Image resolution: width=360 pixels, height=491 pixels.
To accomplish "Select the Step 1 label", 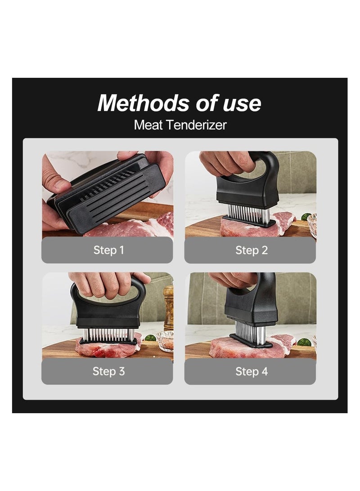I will (108, 250).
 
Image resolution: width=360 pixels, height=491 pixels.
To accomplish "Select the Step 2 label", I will (251, 250).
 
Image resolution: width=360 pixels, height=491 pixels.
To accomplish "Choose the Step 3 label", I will (108, 371).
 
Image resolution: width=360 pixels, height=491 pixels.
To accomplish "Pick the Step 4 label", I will (251, 371).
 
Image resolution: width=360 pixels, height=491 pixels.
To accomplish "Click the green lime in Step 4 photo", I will (303, 342).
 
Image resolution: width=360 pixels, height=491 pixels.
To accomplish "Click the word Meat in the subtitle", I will (149, 125).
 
